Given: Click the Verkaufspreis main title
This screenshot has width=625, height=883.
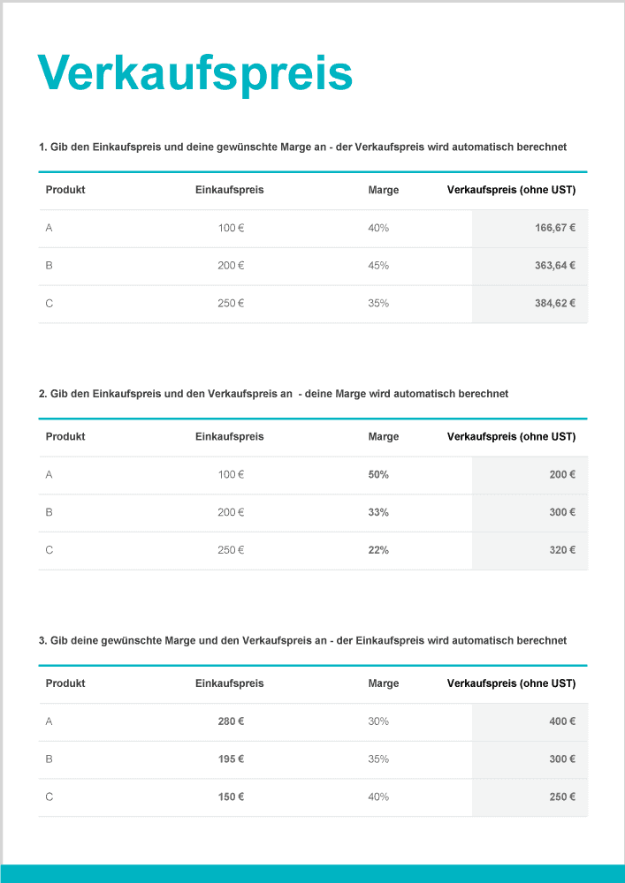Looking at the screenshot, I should pos(195,72).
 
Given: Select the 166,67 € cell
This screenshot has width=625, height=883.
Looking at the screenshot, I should pos(555,228).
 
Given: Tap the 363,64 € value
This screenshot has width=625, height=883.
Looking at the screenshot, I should pos(555,266).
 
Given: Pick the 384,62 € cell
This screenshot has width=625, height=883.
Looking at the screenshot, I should pos(555,304).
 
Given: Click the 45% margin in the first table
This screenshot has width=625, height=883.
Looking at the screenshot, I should pos(378,266).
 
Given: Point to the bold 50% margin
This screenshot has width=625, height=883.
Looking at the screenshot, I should pos(378,475).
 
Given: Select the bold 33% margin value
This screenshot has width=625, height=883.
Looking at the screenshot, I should pos(378,512).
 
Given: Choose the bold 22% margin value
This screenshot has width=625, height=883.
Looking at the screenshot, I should pos(378,550).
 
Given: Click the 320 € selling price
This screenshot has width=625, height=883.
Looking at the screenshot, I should pos(562,550).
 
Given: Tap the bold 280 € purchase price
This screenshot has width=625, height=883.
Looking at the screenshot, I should pos(231,721).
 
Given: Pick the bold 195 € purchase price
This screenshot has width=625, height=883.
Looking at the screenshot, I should pos(231,759).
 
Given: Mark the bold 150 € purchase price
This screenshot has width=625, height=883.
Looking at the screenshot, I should pos(231,797).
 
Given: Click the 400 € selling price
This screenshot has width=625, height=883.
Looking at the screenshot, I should pos(562,721).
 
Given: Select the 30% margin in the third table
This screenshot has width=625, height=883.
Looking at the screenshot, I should pos(378,721).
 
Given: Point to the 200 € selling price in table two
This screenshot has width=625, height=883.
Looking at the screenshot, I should pos(562,475).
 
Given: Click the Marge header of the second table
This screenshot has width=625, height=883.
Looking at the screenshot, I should pos(384,436).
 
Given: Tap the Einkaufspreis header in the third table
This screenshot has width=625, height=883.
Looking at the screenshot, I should pos(229,683).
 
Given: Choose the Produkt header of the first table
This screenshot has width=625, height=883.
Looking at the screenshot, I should pos(65,190).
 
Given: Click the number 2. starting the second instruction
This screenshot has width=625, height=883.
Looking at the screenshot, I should pos(43,394).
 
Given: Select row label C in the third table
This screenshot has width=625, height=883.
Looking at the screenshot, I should pos(50,797).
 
